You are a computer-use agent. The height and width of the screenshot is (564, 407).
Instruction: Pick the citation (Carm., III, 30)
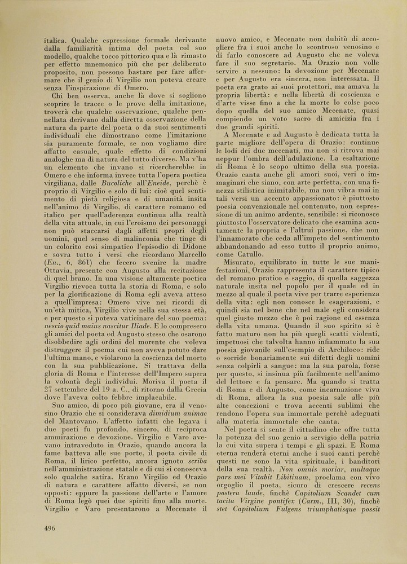322,515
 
